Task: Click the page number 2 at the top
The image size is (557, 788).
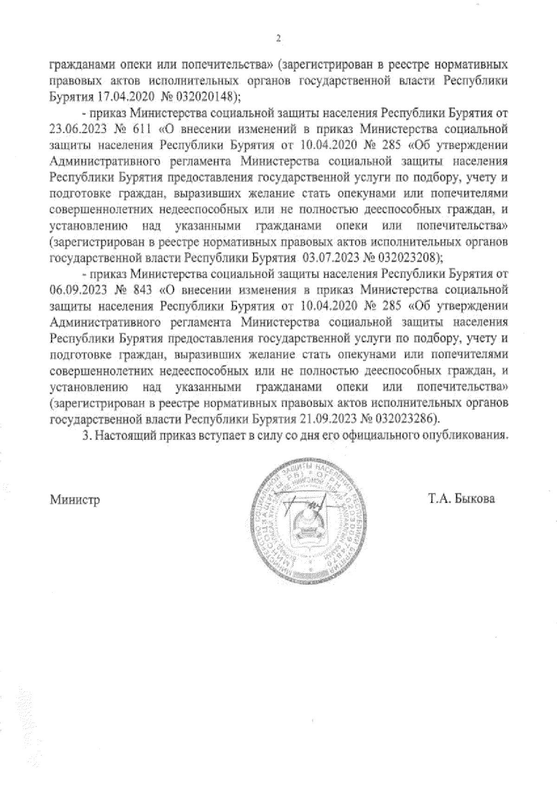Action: tap(278, 39)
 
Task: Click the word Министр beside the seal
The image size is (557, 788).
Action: tap(75, 500)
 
